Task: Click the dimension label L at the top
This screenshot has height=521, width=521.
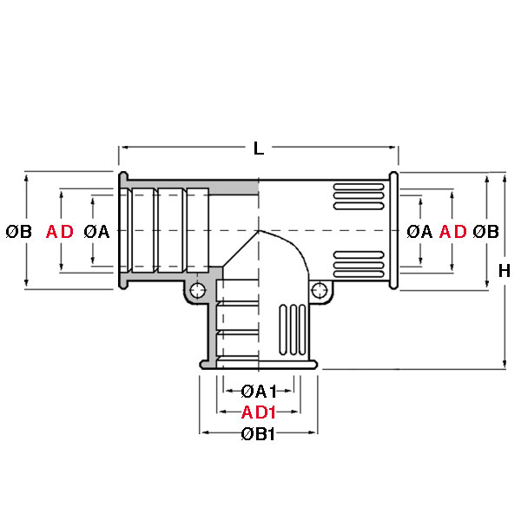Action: click(x=259, y=148)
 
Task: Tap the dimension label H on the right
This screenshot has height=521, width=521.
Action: click(x=504, y=271)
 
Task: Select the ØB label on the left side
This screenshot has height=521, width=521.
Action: click(x=19, y=232)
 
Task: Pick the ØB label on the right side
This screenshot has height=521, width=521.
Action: click(x=485, y=232)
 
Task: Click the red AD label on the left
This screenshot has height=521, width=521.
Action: click(x=60, y=232)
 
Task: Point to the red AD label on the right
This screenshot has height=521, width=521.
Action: click(x=453, y=232)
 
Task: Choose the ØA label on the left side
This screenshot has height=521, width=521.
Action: click(x=96, y=232)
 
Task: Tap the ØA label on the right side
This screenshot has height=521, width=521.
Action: click(x=419, y=232)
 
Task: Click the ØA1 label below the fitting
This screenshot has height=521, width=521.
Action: click(x=259, y=392)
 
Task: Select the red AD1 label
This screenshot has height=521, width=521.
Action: click(x=259, y=412)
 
